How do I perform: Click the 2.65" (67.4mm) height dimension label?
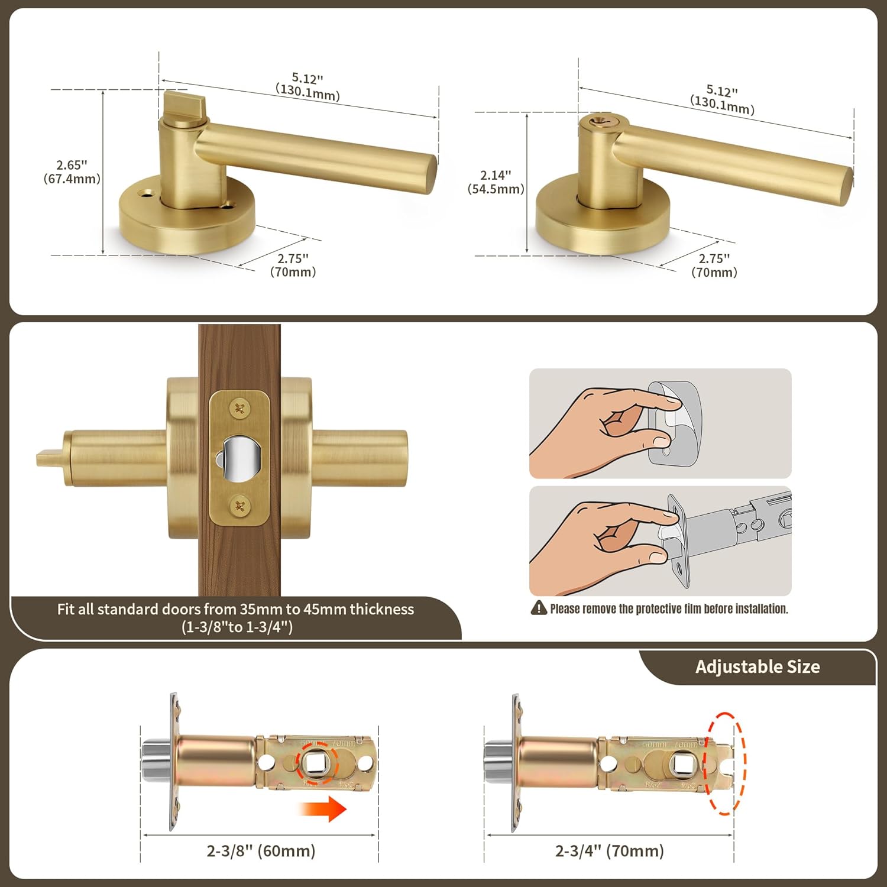click(x=72, y=172)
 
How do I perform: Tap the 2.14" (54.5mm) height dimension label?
click(x=496, y=182)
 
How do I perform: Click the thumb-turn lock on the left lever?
click(x=183, y=106)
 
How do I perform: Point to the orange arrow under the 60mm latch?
click(x=322, y=808)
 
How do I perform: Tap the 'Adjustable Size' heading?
click(x=757, y=667)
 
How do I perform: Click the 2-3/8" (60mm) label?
click(x=261, y=851)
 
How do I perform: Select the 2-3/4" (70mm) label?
click(x=609, y=851)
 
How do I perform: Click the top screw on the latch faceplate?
click(x=239, y=408)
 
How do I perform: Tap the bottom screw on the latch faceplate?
click(x=239, y=506)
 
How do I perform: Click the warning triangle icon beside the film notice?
click(x=539, y=608)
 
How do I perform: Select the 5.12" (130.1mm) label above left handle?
click(x=307, y=86)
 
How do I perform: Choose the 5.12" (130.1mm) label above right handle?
click(x=722, y=99)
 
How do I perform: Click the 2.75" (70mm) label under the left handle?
click(x=293, y=266)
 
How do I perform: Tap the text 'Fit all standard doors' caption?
click(x=235, y=617)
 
